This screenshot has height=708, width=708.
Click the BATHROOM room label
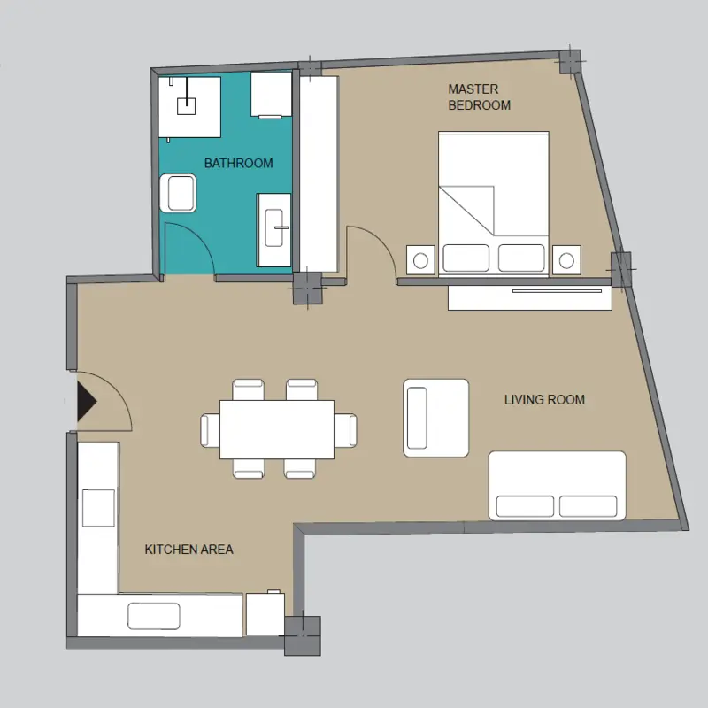(x=238, y=163)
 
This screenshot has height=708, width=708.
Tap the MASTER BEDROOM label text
(x=479, y=97)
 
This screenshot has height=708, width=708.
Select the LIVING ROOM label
(x=544, y=400)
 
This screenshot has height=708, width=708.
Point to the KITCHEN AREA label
(x=189, y=550)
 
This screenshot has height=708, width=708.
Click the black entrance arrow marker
(x=86, y=402)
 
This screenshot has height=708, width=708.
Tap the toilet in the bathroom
(x=179, y=193)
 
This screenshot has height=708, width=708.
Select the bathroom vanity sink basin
(x=273, y=227)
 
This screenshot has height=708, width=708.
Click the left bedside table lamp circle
(x=420, y=260)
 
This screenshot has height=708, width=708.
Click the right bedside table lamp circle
(x=566, y=260)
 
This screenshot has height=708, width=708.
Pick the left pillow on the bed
(x=466, y=258)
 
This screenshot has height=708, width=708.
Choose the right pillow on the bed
(x=521, y=258)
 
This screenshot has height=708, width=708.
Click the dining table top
(x=277, y=429)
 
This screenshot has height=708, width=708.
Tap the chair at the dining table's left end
(x=210, y=431)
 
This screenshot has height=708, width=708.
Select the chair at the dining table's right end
(x=345, y=431)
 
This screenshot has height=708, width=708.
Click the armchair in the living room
(x=435, y=418)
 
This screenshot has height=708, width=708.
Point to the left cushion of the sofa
(x=525, y=506)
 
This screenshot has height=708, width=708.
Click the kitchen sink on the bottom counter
(x=153, y=616)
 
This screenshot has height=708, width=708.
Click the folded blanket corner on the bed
(x=466, y=211)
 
